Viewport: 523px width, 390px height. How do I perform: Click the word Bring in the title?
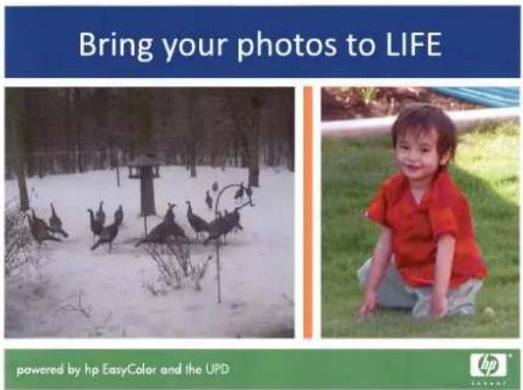(116, 45)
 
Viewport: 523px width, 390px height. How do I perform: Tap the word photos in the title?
(286, 44)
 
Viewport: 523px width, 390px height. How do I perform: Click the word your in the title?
(195, 48)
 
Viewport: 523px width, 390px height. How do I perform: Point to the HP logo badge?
(488, 365)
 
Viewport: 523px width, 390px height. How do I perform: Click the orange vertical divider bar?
(308, 212)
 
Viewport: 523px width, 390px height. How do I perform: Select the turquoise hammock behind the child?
(473, 95)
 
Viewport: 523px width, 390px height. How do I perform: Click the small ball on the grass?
(489, 312)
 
